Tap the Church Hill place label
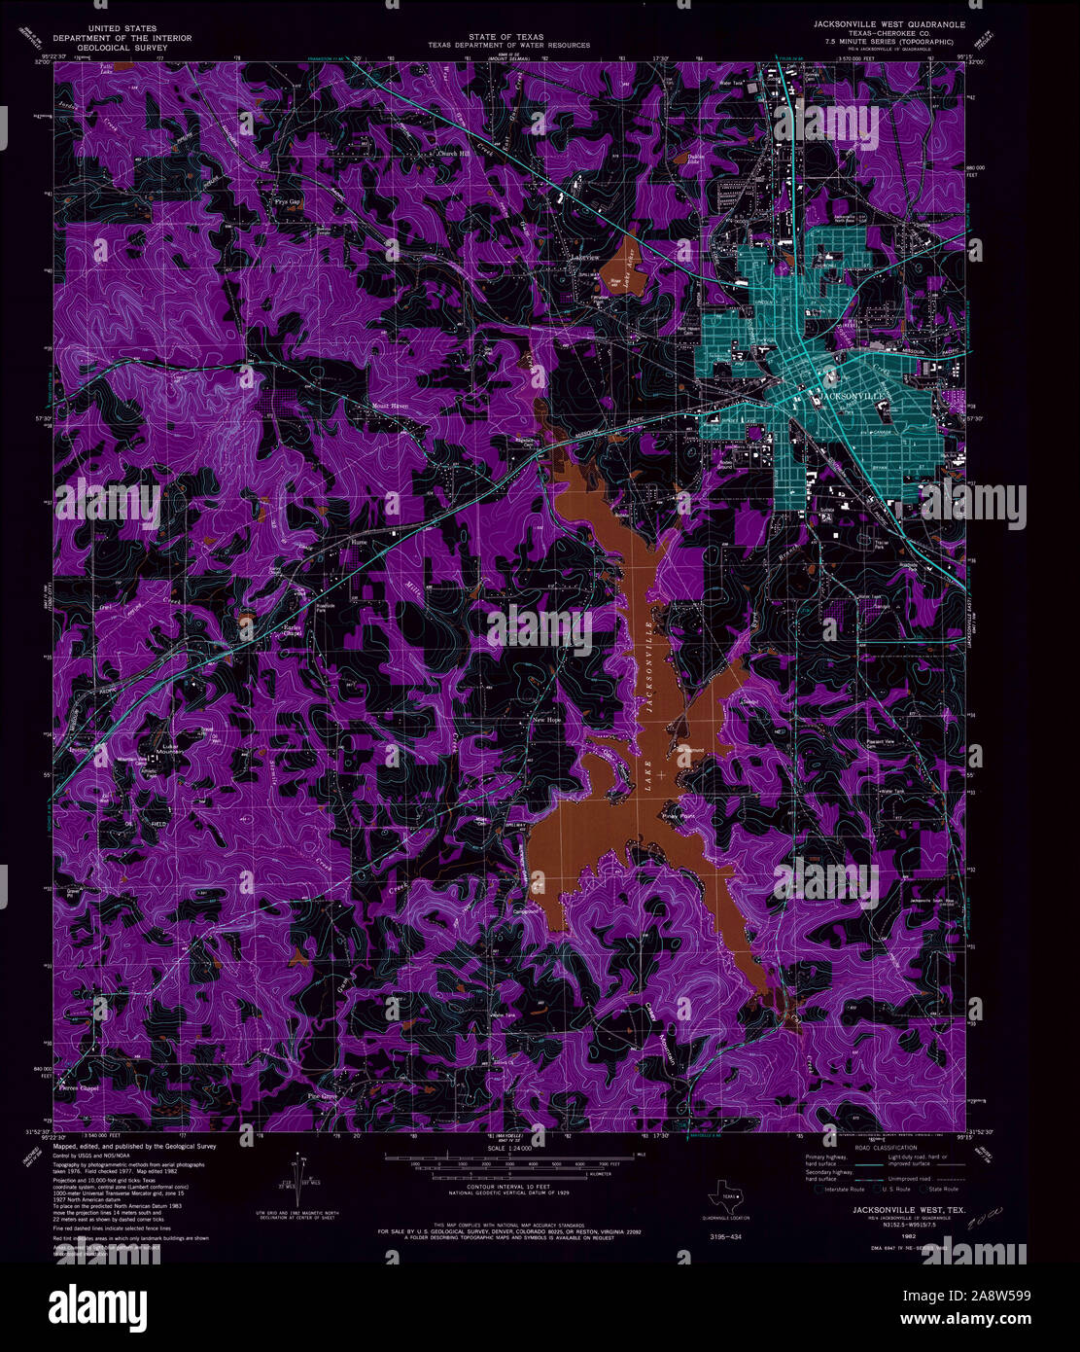click(452, 154)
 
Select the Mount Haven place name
click(387, 407)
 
